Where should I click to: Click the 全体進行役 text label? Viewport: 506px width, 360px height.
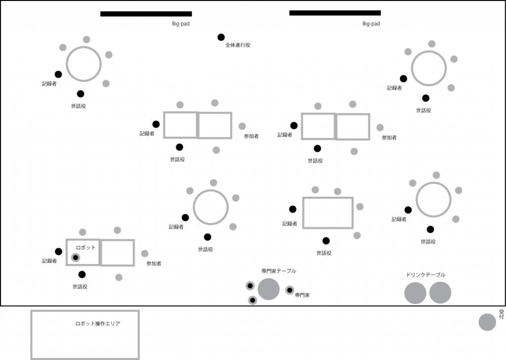tap(238, 45)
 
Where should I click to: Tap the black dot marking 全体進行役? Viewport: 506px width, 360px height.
tap(221, 37)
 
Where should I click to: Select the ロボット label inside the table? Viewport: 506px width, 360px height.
tap(85, 247)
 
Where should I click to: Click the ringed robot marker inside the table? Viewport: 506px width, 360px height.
tap(76, 258)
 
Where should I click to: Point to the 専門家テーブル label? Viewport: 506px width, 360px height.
tap(279, 271)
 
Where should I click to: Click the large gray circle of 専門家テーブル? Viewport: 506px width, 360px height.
tap(269, 289)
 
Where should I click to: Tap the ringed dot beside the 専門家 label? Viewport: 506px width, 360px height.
tap(290, 290)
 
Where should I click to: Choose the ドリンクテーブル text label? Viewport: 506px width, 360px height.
tap(425, 275)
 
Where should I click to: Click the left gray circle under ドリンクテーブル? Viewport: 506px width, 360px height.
tap(415, 293)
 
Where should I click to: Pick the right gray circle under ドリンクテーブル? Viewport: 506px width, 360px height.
tap(440, 293)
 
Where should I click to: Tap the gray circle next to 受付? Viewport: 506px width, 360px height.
tap(487, 322)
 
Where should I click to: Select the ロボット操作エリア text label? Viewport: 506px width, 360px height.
tap(98, 323)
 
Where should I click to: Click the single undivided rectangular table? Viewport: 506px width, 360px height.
tap(328, 213)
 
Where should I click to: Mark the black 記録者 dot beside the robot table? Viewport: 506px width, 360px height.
tap(58, 251)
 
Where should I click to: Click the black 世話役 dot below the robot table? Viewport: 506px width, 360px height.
tap(82, 274)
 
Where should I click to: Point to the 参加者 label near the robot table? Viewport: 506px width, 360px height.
tap(154, 264)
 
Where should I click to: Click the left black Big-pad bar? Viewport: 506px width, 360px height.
tap(146, 14)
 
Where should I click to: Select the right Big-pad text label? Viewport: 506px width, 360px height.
tap(371, 23)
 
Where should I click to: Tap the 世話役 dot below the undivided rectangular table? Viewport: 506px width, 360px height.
tap(326, 241)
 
